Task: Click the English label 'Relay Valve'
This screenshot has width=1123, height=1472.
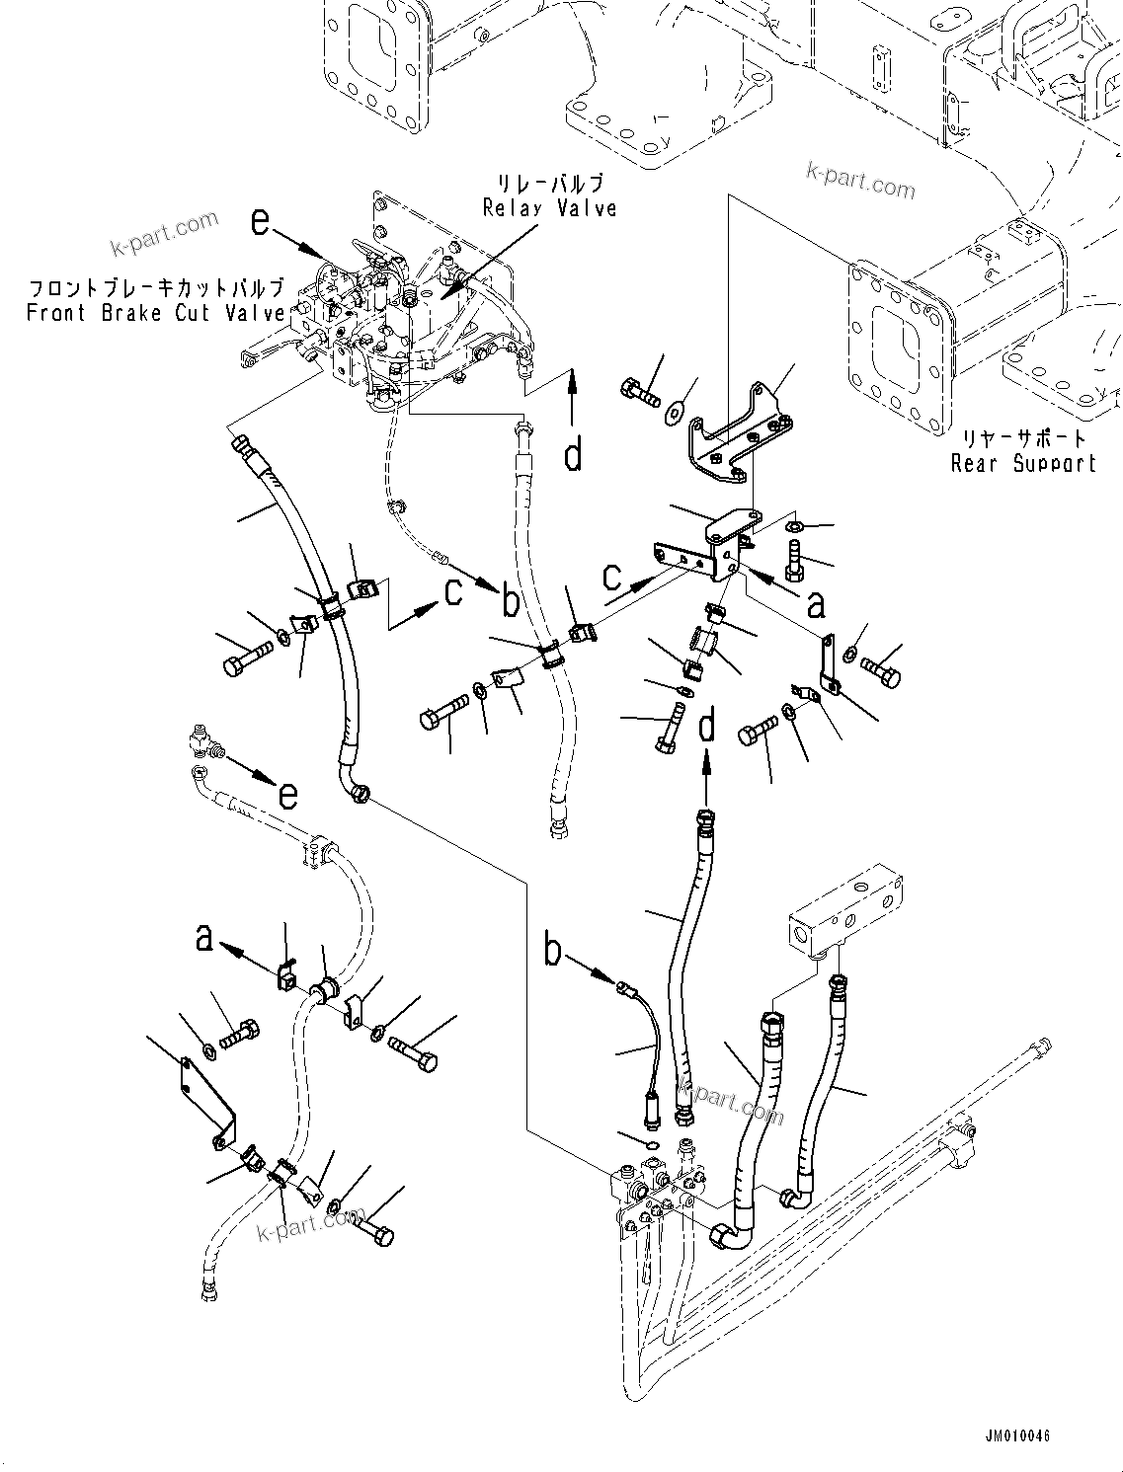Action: click(x=549, y=207)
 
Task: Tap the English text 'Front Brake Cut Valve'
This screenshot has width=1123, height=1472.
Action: click(x=155, y=313)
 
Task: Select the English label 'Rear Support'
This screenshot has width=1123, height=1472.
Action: click(x=1023, y=463)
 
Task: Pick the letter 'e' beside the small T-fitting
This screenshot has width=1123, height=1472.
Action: click(x=287, y=793)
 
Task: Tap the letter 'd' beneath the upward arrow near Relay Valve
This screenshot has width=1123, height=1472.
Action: click(x=573, y=455)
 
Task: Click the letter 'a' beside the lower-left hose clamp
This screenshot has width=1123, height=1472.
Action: click(x=203, y=937)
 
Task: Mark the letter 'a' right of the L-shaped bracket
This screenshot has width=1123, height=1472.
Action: click(x=816, y=602)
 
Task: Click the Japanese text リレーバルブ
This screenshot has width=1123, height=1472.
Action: click(x=551, y=184)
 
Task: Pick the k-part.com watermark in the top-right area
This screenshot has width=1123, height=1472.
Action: click(x=860, y=181)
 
